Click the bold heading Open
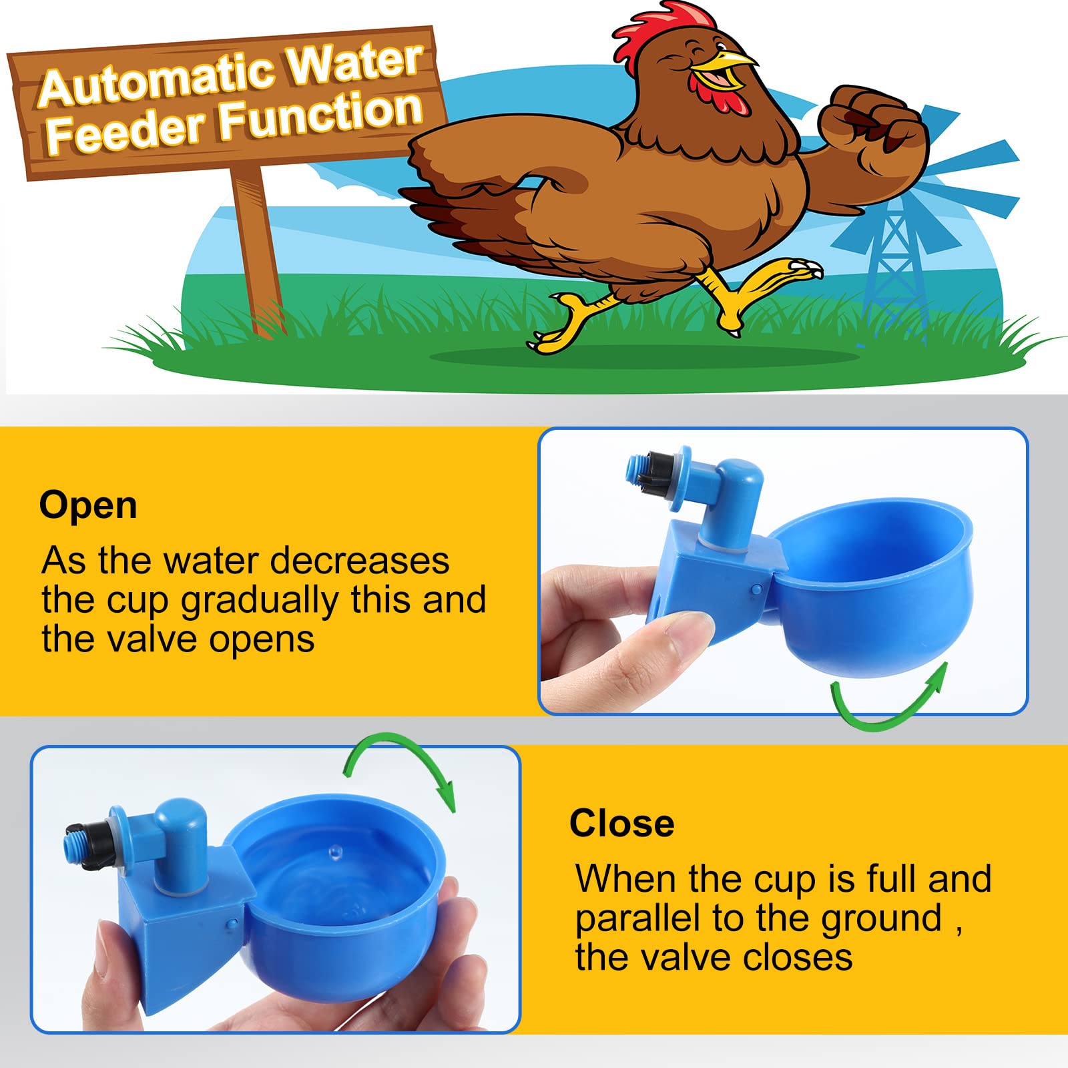tap(88, 505)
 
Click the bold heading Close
tap(621, 823)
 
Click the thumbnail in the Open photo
tap(684, 623)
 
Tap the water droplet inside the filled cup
tap(335, 851)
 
